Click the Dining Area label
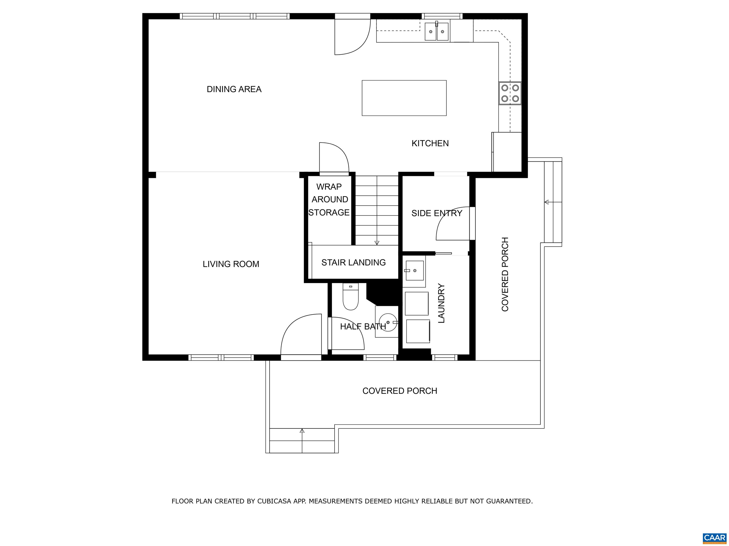(x=234, y=89)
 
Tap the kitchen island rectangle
(x=404, y=98)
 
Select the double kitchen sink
(x=437, y=31)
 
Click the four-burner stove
(x=510, y=93)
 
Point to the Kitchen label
(x=430, y=143)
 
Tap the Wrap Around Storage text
(x=329, y=199)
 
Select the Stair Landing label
(x=354, y=263)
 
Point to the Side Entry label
(x=437, y=213)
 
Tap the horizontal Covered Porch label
(x=400, y=391)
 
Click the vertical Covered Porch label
(x=505, y=274)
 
